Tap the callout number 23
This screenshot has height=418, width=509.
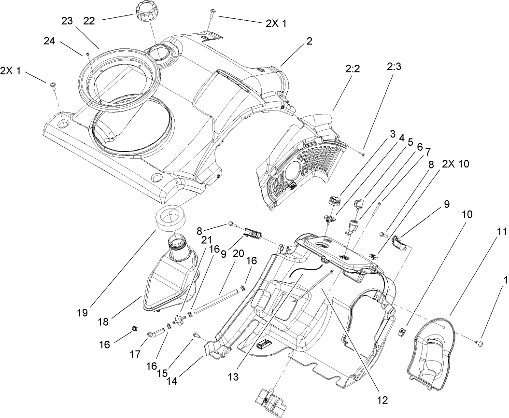(x=67, y=21)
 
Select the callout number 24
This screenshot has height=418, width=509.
(x=49, y=42)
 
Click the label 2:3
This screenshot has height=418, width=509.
(x=394, y=68)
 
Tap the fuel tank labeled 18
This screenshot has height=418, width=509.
(x=171, y=280)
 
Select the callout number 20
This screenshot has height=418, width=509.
(x=238, y=253)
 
